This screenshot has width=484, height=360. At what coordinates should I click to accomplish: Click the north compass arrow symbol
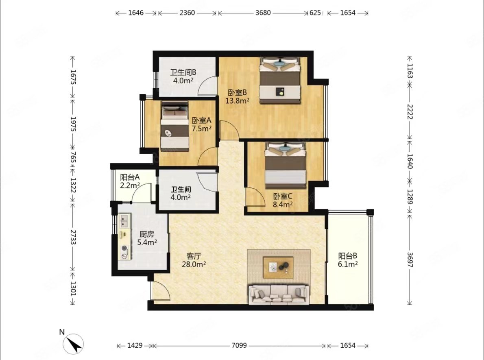click(x=73, y=344)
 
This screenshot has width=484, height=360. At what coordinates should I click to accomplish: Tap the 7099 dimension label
click(x=239, y=345)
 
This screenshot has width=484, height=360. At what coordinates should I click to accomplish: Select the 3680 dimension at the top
click(x=263, y=13)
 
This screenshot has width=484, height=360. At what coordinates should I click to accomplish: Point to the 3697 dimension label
click(x=410, y=260)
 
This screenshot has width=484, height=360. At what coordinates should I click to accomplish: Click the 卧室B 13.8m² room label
click(x=237, y=97)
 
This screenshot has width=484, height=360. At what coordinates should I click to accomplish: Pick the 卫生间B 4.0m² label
click(x=183, y=76)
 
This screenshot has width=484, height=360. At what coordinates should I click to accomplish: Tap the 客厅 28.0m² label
click(x=194, y=260)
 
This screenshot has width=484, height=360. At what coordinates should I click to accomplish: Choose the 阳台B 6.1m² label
click(x=348, y=260)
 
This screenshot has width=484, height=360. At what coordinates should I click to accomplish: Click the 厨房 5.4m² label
click(x=147, y=238)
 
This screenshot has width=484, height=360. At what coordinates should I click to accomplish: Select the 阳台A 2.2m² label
click(x=130, y=181)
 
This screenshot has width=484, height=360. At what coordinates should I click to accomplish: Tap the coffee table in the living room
click(x=278, y=267)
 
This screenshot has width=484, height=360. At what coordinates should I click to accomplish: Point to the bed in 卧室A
click(x=174, y=126)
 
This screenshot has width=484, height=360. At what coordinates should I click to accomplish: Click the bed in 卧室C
click(x=285, y=165)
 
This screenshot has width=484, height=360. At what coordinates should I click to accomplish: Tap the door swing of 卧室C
click(x=255, y=197)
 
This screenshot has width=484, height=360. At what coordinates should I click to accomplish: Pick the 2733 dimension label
click(x=73, y=237)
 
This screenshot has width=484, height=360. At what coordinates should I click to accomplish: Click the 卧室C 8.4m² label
click(x=283, y=200)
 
